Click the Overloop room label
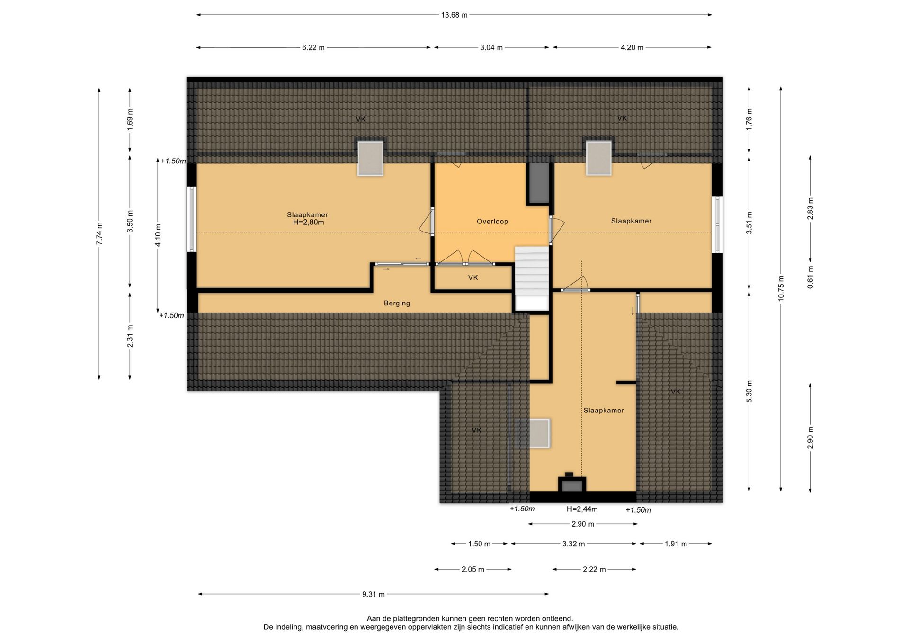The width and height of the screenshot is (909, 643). pyautogui.click(x=492, y=221)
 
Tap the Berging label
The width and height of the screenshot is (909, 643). pyautogui.click(x=397, y=303)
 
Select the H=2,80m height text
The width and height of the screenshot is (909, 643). pyautogui.click(x=308, y=222)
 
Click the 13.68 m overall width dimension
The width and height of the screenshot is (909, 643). pyautogui.click(x=454, y=15)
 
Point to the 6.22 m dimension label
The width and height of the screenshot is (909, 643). pyautogui.click(x=313, y=47)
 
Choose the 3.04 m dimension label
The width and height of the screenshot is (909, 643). pyautogui.click(x=491, y=47)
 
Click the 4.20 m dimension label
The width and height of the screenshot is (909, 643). pyautogui.click(x=632, y=47)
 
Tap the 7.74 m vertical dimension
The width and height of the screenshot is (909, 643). pyautogui.click(x=99, y=233)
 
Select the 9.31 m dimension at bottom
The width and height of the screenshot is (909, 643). pyautogui.click(x=374, y=594)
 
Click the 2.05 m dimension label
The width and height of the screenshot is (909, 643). pyautogui.click(x=473, y=569)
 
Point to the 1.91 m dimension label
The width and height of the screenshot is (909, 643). pyautogui.click(x=676, y=544)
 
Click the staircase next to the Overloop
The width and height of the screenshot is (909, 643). pyautogui.click(x=532, y=278)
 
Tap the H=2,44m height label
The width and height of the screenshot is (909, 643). pyautogui.click(x=582, y=509)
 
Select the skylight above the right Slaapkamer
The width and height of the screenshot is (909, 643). pyautogui.click(x=599, y=158)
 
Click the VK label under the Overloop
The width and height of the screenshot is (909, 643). pyautogui.click(x=473, y=277)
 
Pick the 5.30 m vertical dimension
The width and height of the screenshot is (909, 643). pyautogui.click(x=749, y=392)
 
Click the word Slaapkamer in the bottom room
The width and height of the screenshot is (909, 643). pyautogui.click(x=604, y=410)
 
